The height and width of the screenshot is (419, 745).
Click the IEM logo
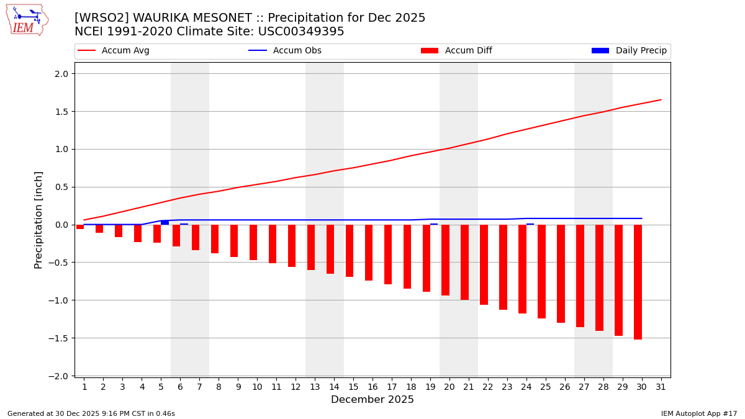click(x=27, y=20)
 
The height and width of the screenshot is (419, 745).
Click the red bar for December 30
click(x=638, y=282)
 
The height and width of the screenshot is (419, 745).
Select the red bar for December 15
click(x=350, y=251)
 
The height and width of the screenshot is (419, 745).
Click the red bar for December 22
click(x=484, y=264)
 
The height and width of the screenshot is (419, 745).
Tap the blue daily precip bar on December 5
click(x=165, y=222)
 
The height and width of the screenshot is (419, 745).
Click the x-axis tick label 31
click(x=661, y=387)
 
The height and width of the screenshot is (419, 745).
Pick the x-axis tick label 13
click(x=315, y=387)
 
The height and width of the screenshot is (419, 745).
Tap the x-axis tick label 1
click(x=84, y=387)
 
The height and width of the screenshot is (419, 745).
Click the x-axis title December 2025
click(x=372, y=400)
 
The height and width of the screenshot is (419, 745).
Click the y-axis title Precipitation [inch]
click(x=38, y=220)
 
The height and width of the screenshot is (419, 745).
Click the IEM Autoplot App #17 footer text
click(x=699, y=413)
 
